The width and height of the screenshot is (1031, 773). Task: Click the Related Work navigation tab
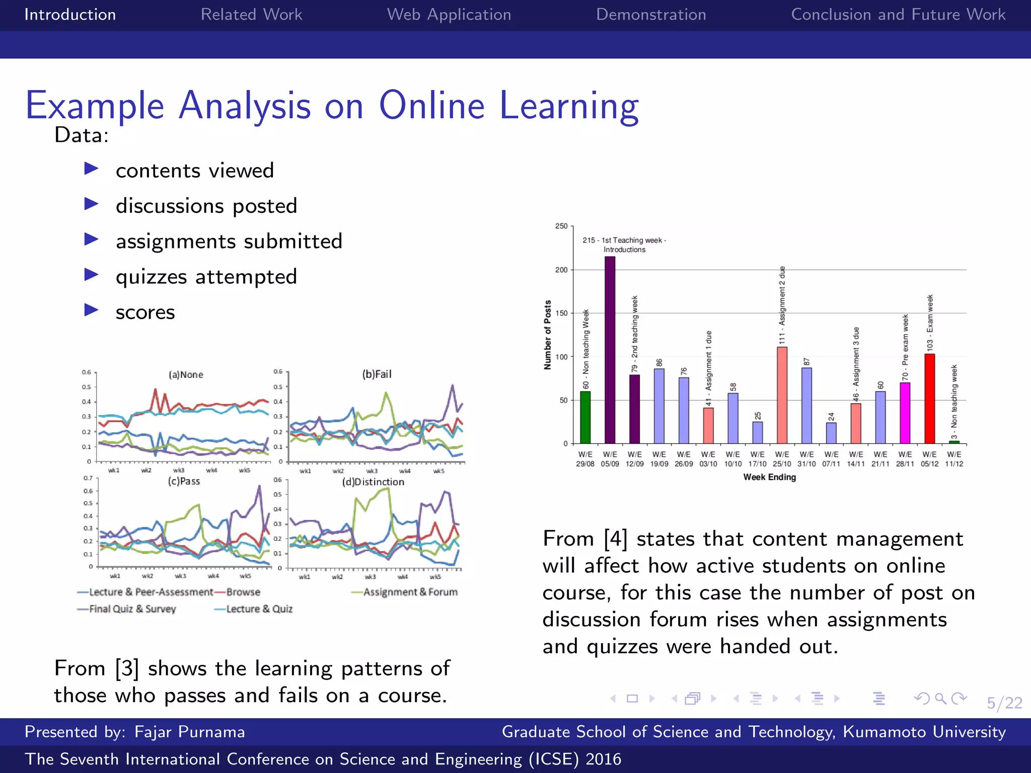click(x=251, y=15)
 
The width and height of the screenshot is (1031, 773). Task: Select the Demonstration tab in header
click(x=650, y=15)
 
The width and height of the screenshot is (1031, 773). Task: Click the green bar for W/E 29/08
click(x=585, y=417)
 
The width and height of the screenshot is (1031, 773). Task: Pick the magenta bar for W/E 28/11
click(x=905, y=413)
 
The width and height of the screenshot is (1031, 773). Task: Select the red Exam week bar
click(x=929, y=398)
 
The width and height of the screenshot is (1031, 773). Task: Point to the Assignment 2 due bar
click(x=782, y=395)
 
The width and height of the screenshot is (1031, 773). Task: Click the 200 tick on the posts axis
click(x=561, y=270)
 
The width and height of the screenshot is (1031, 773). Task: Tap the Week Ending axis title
click(x=769, y=477)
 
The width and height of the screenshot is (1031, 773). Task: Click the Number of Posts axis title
click(x=548, y=335)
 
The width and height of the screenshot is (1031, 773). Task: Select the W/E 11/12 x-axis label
click(x=954, y=459)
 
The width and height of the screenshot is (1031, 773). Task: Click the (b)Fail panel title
click(x=377, y=374)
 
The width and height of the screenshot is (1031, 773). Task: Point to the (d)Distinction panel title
click(x=373, y=482)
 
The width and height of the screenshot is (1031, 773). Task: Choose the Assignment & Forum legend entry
click(x=410, y=592)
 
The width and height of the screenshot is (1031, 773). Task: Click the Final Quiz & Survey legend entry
click(x=132, y=609)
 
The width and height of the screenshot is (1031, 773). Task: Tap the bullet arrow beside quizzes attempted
click(x=91, y=275)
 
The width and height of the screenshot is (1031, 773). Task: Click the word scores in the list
click(x=145, y=313)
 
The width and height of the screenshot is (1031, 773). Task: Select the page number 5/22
click(x=1004, y=703)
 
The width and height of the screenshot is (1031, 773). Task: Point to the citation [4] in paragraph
click(x=615, y=539)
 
